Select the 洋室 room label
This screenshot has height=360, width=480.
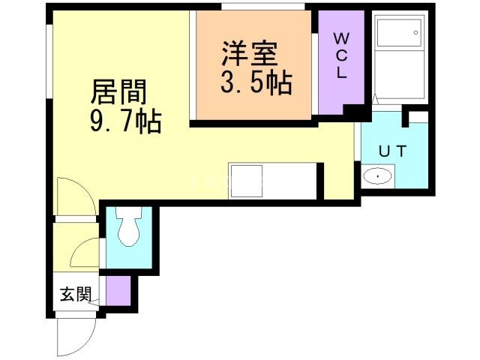pyautogui.click(x=250, y=54)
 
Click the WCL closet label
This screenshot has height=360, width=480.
pyautogui.click(x=340, y=55)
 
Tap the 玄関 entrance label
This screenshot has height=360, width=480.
pyautogui.click(x=75, y=294)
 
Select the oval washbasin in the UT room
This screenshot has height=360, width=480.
pyautogui.click(x=376, y=178)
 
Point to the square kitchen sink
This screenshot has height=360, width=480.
pyautogui.click(x=247, y=181)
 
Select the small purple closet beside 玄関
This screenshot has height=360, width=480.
pyautogui.click(x=118, y=290)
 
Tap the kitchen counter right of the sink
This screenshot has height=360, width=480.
pyautogui.click(x=292, y=181)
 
